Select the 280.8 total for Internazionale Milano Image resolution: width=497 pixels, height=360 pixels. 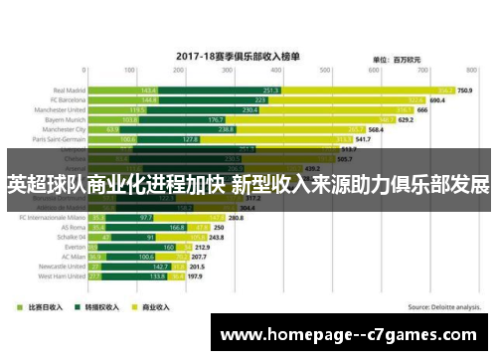pyautogui.click(x=237, y=217)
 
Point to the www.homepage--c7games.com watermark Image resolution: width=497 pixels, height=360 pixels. pyautogui.click(x=352, y=334)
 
